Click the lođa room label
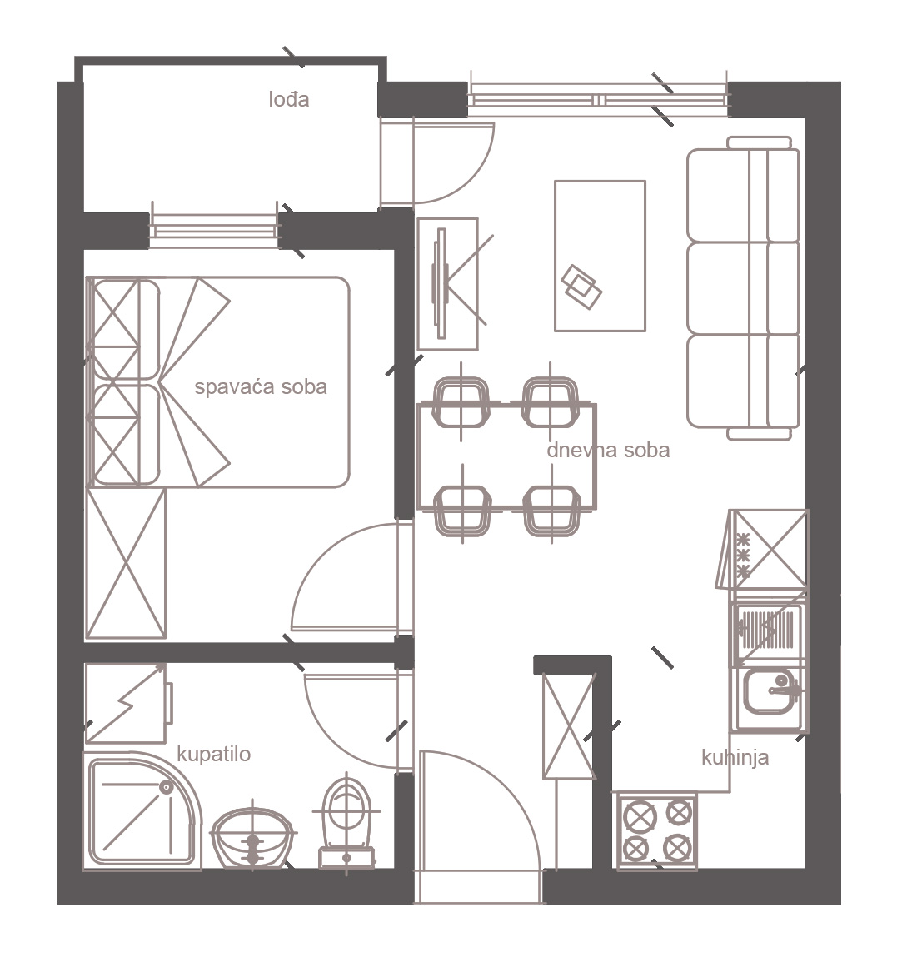[x=288, y=99]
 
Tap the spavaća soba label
[x=260, y=386]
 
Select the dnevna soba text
[x=608, y=451]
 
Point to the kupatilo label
[x=213, y=754]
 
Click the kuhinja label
[x=735, y=757]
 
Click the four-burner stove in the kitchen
[x=657, y=831]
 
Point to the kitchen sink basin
[x=770, y=690]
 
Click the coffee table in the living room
[x=600, y=256]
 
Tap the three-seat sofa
[x=744, y=289]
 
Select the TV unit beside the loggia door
[x=447, y=284]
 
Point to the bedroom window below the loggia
[x=213, y=232]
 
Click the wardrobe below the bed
[x=126, y=563]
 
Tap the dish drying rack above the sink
[x=768, y=629]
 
